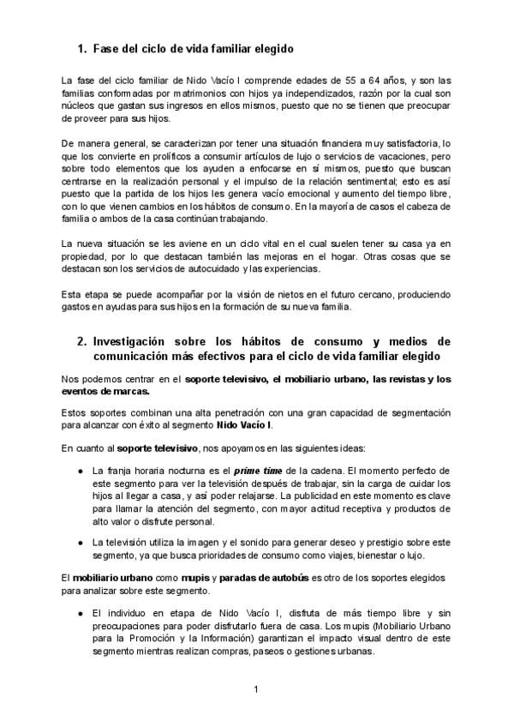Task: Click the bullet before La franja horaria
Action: (x=80, y=471)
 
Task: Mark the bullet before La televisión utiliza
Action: (x=80, y=542)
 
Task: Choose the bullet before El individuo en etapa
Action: (x=80, y=614)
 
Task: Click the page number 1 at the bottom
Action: (x=256, y=689)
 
